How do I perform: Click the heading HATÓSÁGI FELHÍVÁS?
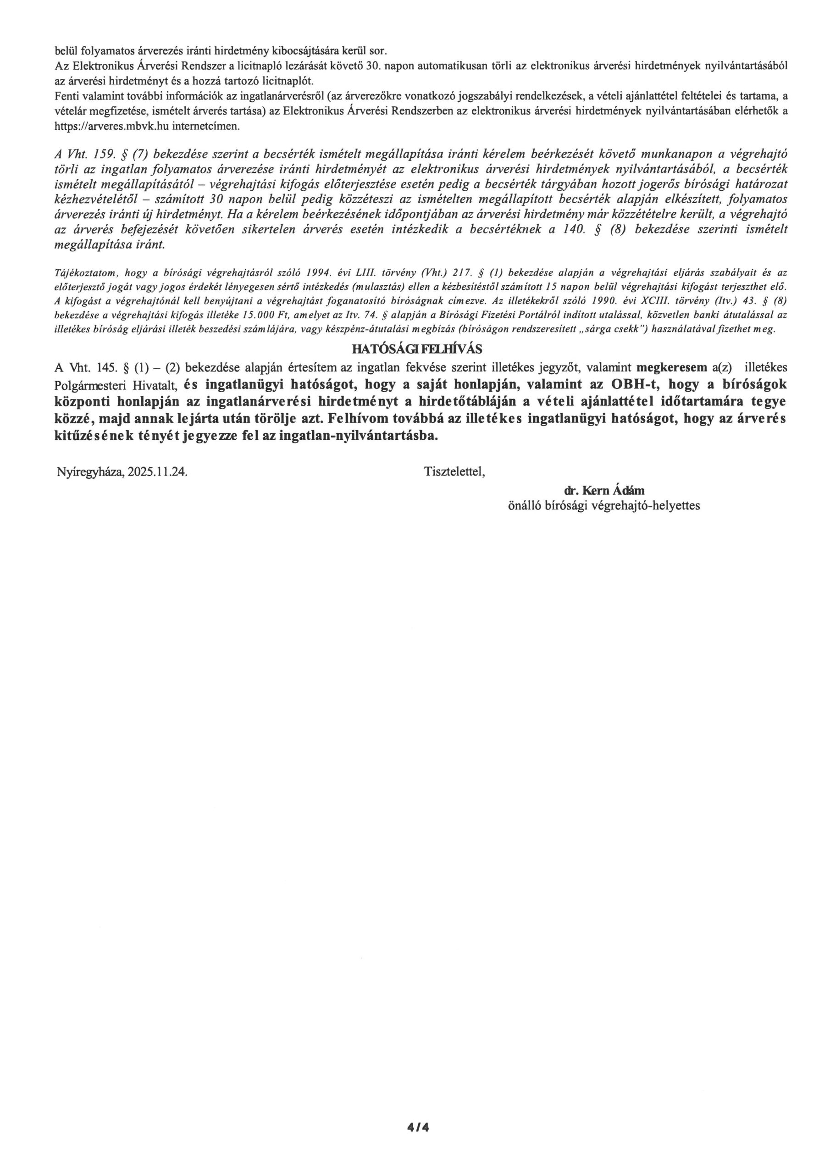[x=417, y=349]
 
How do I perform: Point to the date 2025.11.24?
[x=157, y=471]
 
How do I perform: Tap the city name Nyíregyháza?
[x=90, y=471]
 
